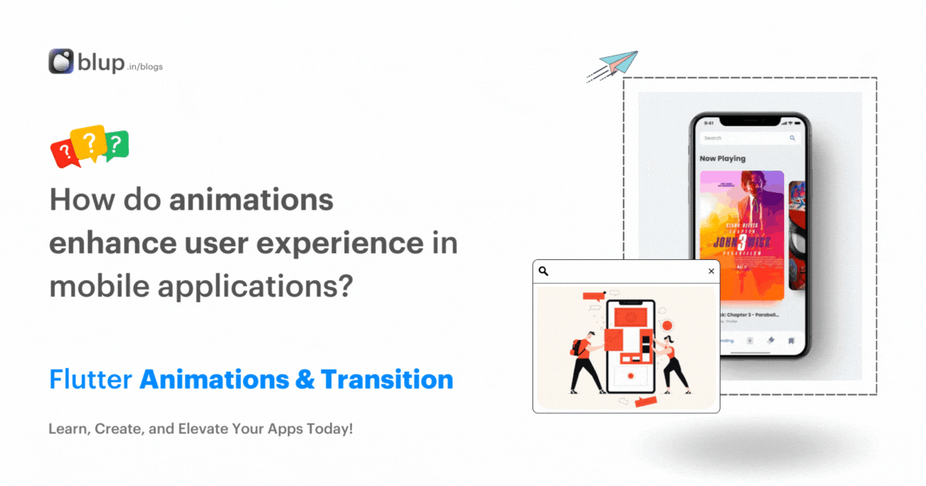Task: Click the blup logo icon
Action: (x=61, y=62)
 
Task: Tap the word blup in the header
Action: (x=100, y=62)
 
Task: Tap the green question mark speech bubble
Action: (x=116, y=144)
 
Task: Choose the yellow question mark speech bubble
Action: (x=89, y=141)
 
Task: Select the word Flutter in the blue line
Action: (x=90, y=380)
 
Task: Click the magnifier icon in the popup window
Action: (x=543, y=271)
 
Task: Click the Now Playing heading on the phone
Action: (x=722, y=158)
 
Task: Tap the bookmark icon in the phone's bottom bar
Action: (x=790, y=339)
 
